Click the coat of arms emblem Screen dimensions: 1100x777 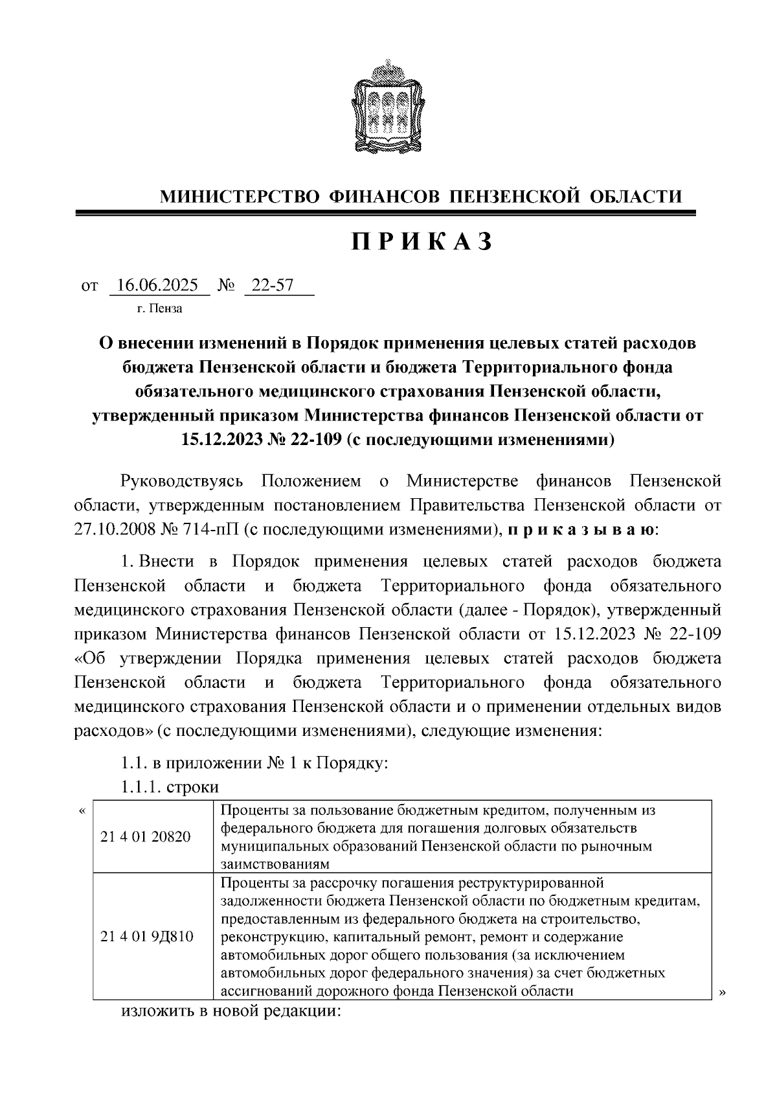pos(388,106)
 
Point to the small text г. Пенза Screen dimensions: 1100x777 pos(159,308)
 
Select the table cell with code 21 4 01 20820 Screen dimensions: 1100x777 pos(146,836)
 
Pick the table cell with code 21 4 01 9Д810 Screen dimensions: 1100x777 pos(147,936)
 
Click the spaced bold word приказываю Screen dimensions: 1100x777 pos(580,529)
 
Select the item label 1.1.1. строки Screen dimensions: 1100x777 pos(170,787)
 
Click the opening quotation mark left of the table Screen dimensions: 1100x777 pos(82,811)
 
